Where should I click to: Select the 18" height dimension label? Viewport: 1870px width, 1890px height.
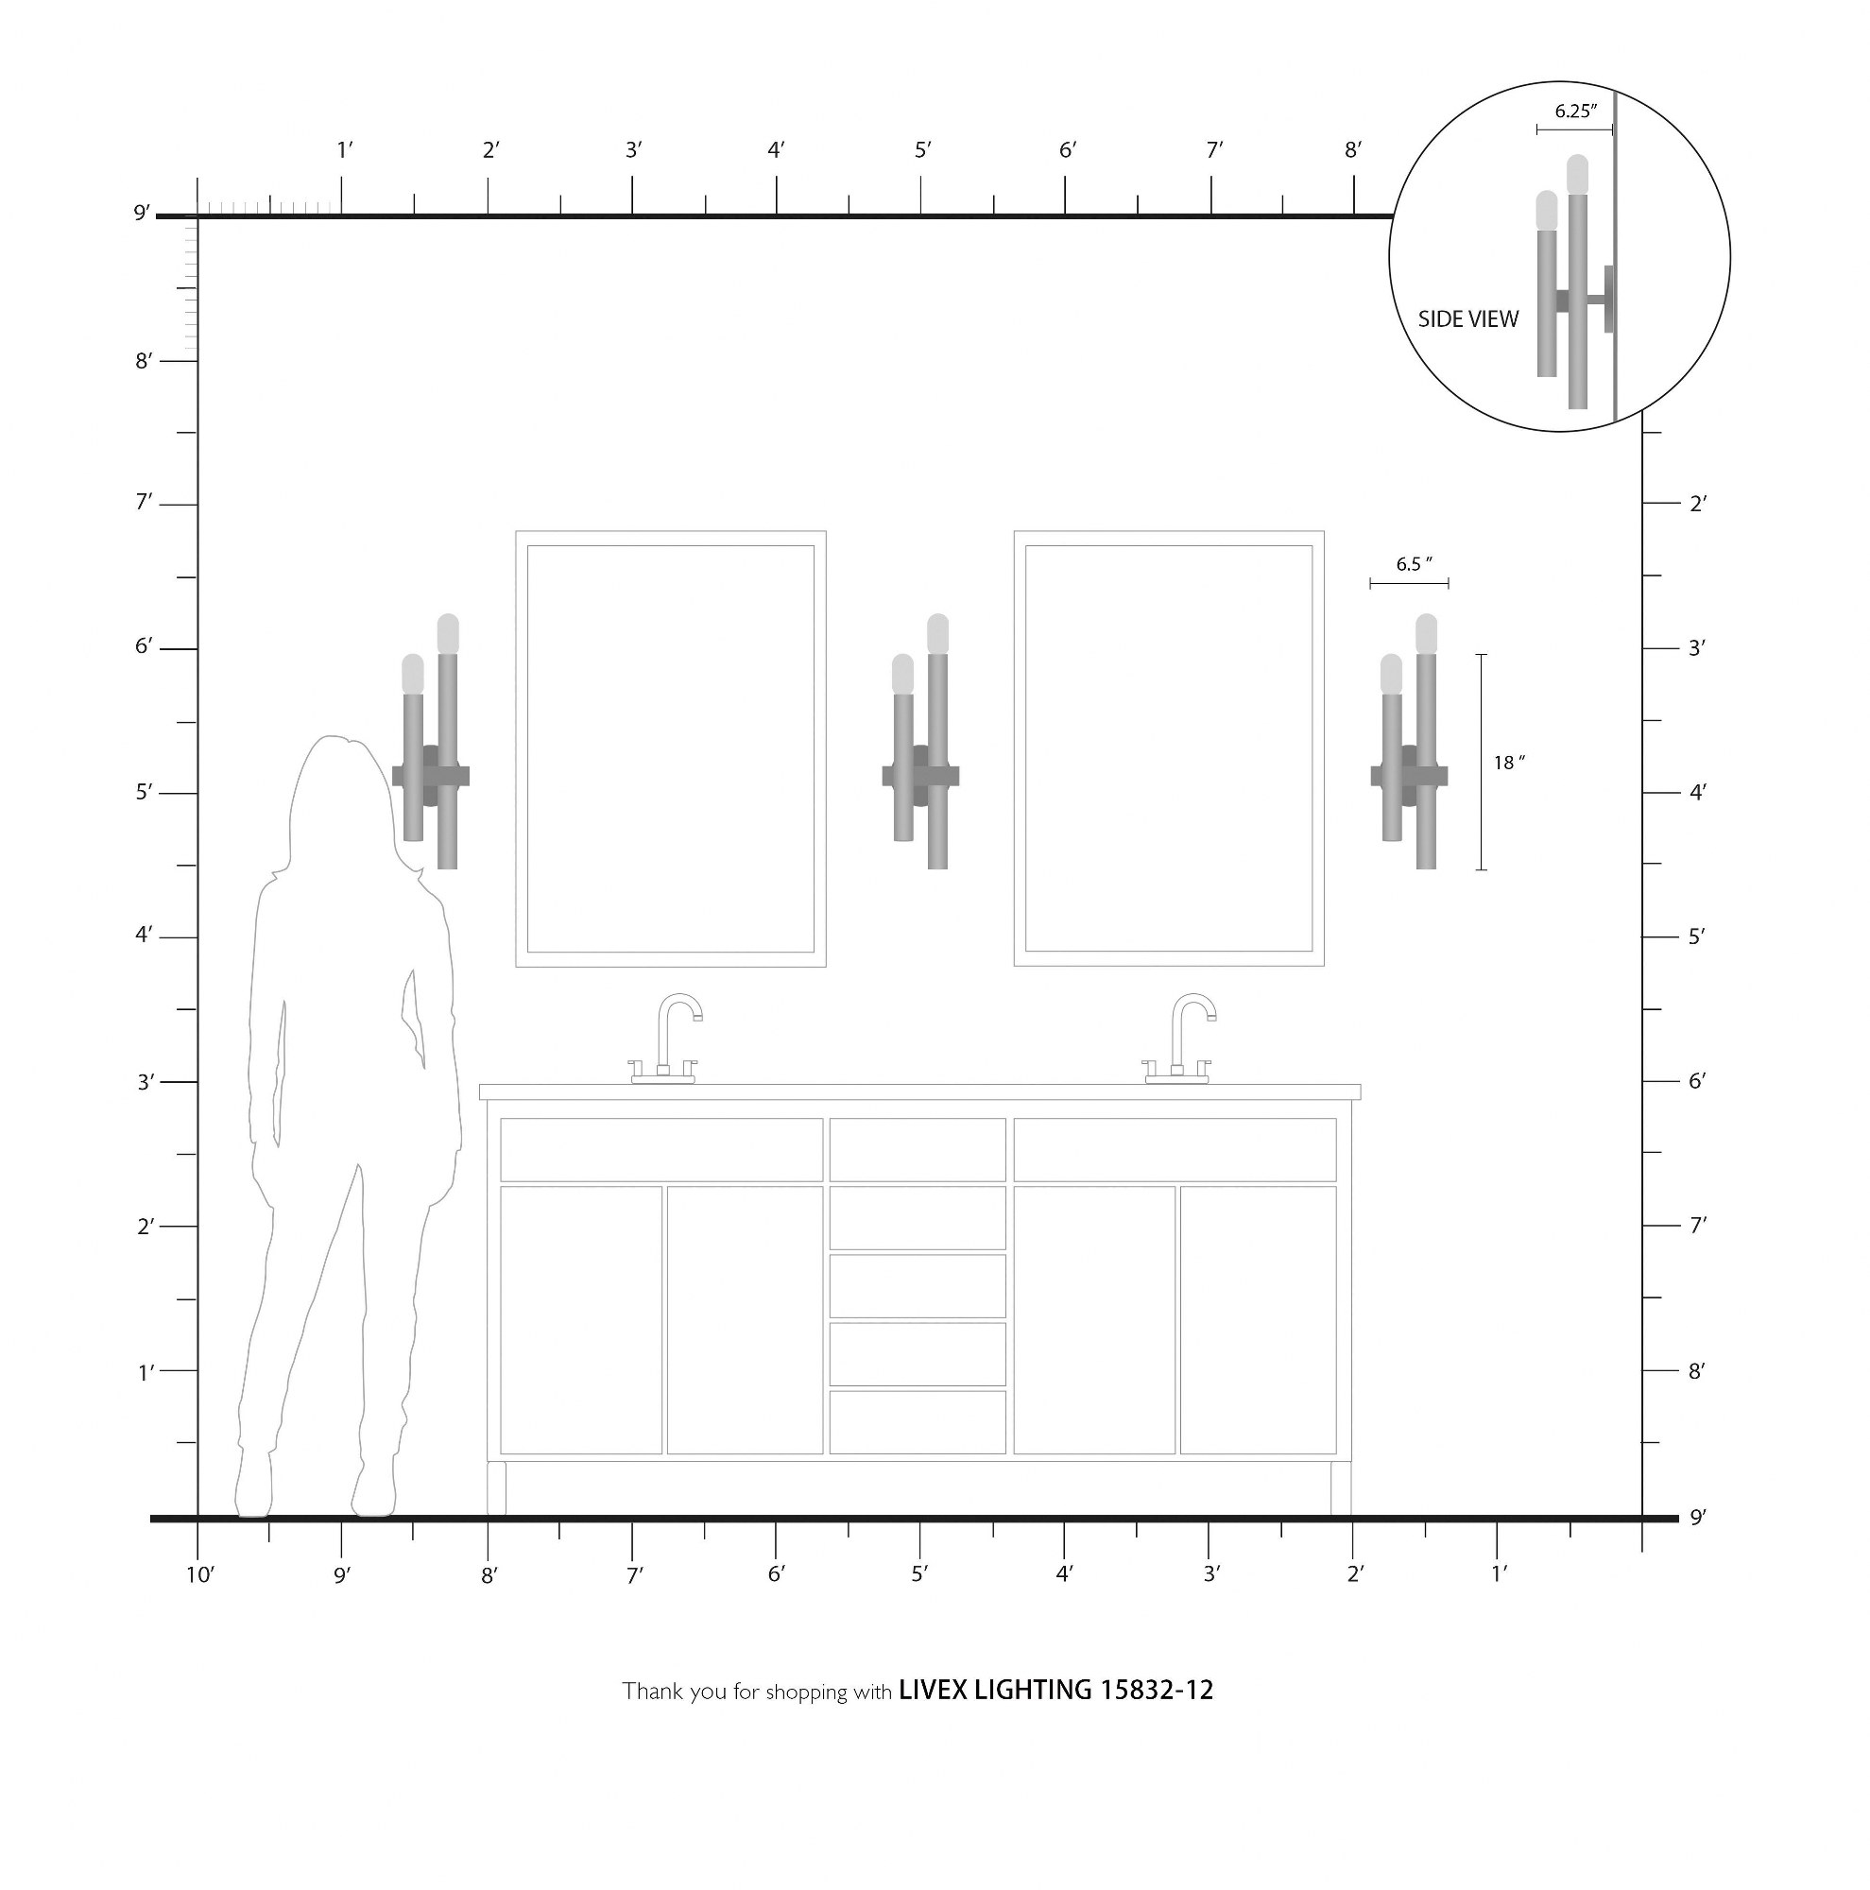click(x=1509, y=762)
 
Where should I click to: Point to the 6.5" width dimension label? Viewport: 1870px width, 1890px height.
click(x=1414, y=564)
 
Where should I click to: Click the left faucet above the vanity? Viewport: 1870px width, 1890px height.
click(x=666, y=1039)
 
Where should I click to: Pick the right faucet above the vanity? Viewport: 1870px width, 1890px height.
click(x=1179, y=1039)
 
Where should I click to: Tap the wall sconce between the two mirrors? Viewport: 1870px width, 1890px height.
click(x=920, y=742)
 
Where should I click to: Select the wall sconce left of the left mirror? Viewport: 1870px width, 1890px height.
click(x=430, y=742)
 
